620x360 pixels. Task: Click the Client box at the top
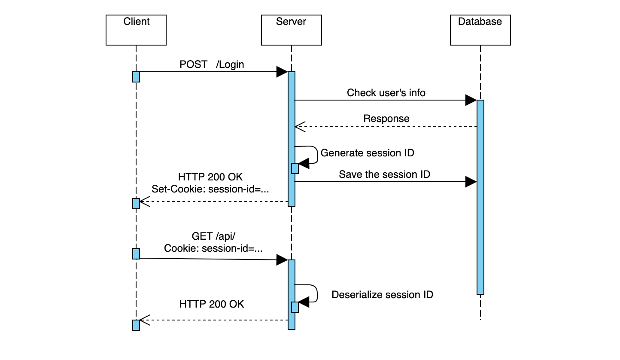pyautogui.click(x=136, y=30)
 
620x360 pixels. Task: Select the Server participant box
pyautogui.click(x=291, y=30)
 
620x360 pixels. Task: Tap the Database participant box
pyautogui.click(x=480, y=30)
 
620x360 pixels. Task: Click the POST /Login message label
pyautogui.click(x=212, y=64)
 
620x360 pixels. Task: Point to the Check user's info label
pyautogui.click(x=386, y=93)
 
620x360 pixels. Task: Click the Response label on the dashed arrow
pyautogui.click(x=386, y=119)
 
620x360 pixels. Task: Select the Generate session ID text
pyautogui.click(x=368, y=153)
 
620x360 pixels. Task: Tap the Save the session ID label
pyautogui.click(x=384, y=174)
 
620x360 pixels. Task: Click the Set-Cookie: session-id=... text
pyautogui.click(x=210, y=189)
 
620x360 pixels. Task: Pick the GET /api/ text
pyautogui.click(x=214, y=236)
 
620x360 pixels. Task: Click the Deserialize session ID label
pyautogui.click(x=382, y=295)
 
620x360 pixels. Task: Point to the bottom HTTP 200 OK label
pyautogui.click(x=212, y=304)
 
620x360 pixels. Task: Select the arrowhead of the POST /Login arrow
pyautogui.click(x=282, y=72)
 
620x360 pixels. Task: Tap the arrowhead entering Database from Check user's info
pyautogui.click(x=471, y=101)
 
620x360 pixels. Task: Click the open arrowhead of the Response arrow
pyautogui.click(x=299, y=127)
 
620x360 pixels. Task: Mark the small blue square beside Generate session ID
pyautogui.click(x=295, y=168)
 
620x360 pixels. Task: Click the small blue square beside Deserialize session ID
pyautogui.click(x=295, y=307)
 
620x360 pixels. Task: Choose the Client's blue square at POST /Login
pyautogui.click(x=136, y=77)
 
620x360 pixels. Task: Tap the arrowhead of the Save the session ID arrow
pyautogui.click(x=471, y=182)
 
